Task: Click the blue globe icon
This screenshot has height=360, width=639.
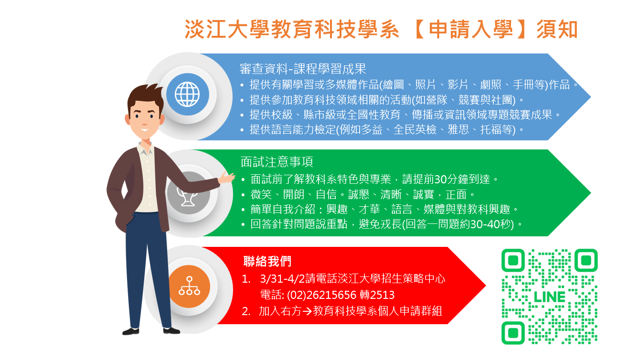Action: pyautogui.click(x=187, y=94)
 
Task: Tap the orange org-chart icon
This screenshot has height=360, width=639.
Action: pyautogui.click(x=189, y=286)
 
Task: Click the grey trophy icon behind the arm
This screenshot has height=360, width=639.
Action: pyautogui.click(x=187, y=197)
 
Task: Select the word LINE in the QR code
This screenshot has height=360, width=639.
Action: pyautogui.click(x=549, y=297)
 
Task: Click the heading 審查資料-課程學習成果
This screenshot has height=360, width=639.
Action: pyautogui.click(x=303, y=69)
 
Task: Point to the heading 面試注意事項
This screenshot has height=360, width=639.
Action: pyautogui.click(x=277, y=162)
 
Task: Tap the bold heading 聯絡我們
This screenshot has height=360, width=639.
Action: pyautogui.click(x=267, y=261)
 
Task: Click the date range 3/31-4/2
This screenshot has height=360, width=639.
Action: pyautogui.click(x=282, y=279)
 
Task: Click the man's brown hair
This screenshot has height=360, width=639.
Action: pyautogui.click(x=145, y=96)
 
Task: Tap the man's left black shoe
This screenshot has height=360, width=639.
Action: pyautogui.click(x=131, y=331)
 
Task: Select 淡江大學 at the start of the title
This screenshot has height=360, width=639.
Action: pyautogui.click(x=227, y=29)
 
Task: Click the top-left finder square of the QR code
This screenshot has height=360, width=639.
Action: pyautogui.click(x=513, y=260)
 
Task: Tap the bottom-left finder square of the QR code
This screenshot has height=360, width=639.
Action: pyautogui.click(x=513, y=333)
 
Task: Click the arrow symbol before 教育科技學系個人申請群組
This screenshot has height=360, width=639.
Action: pyautogui.click(x=307, y=311)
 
